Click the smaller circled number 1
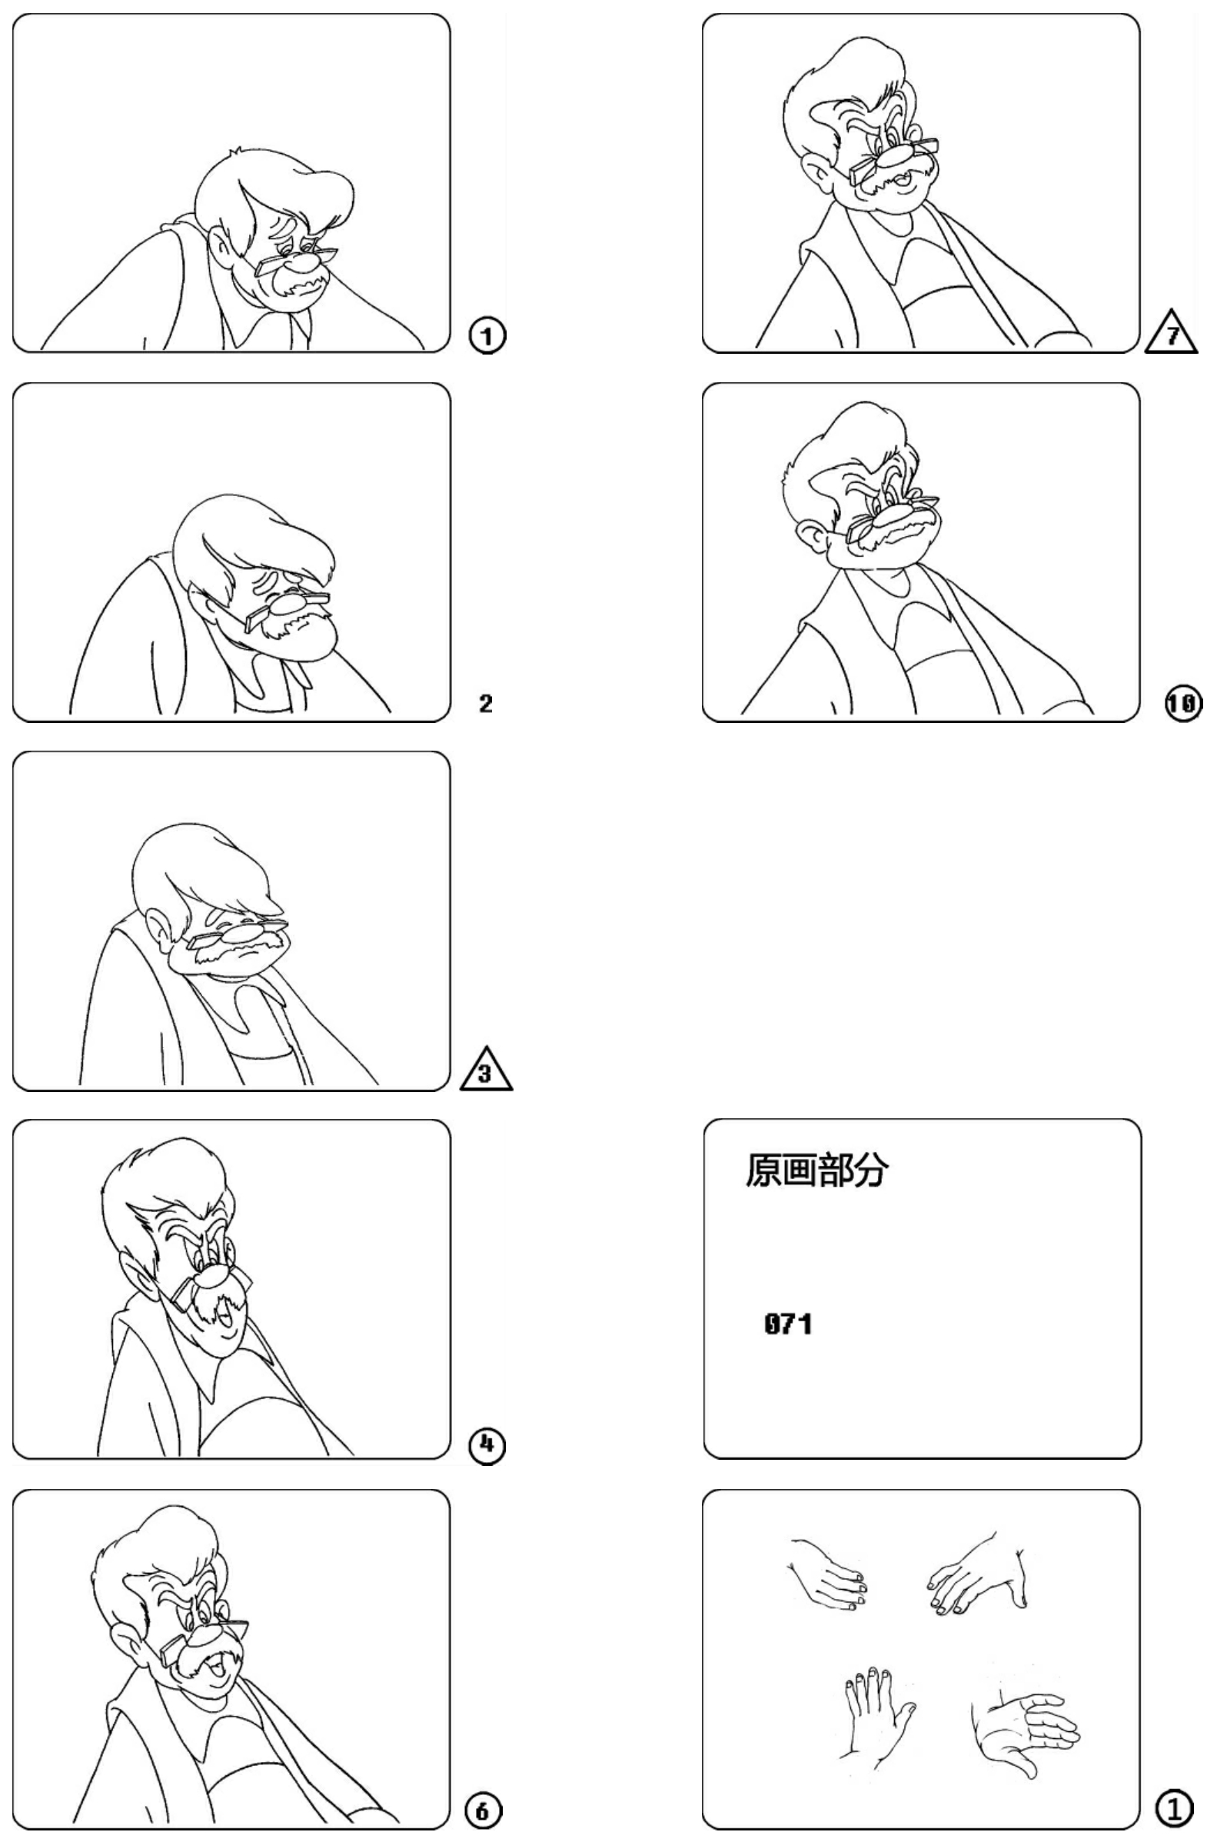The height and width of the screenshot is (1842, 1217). [487, 336]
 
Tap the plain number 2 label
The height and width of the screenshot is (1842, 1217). [486, 704]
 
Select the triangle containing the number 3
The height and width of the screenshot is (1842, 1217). [486, 1073]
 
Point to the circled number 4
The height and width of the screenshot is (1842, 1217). [487, 1445]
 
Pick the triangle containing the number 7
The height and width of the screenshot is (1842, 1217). [1171, 332]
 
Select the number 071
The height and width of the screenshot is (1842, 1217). [788, 1324]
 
